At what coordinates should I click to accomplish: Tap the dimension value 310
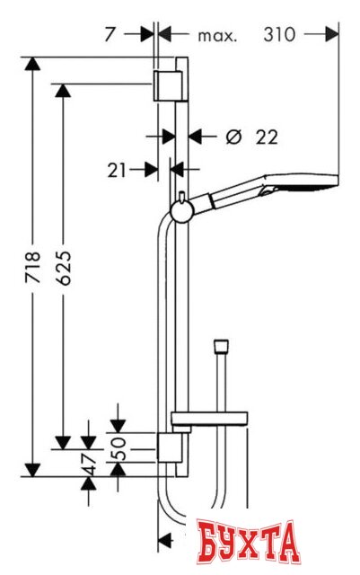(279, 35)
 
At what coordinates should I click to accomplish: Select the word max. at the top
(217, 36)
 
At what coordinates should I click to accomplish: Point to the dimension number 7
(110, 35)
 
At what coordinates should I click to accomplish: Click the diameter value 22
(267, 137)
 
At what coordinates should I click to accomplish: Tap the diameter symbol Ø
(234, 137)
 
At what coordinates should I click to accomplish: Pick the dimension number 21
(117, 171)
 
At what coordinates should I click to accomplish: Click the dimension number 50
(118, 448)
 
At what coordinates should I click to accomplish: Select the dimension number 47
(88, 464)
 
